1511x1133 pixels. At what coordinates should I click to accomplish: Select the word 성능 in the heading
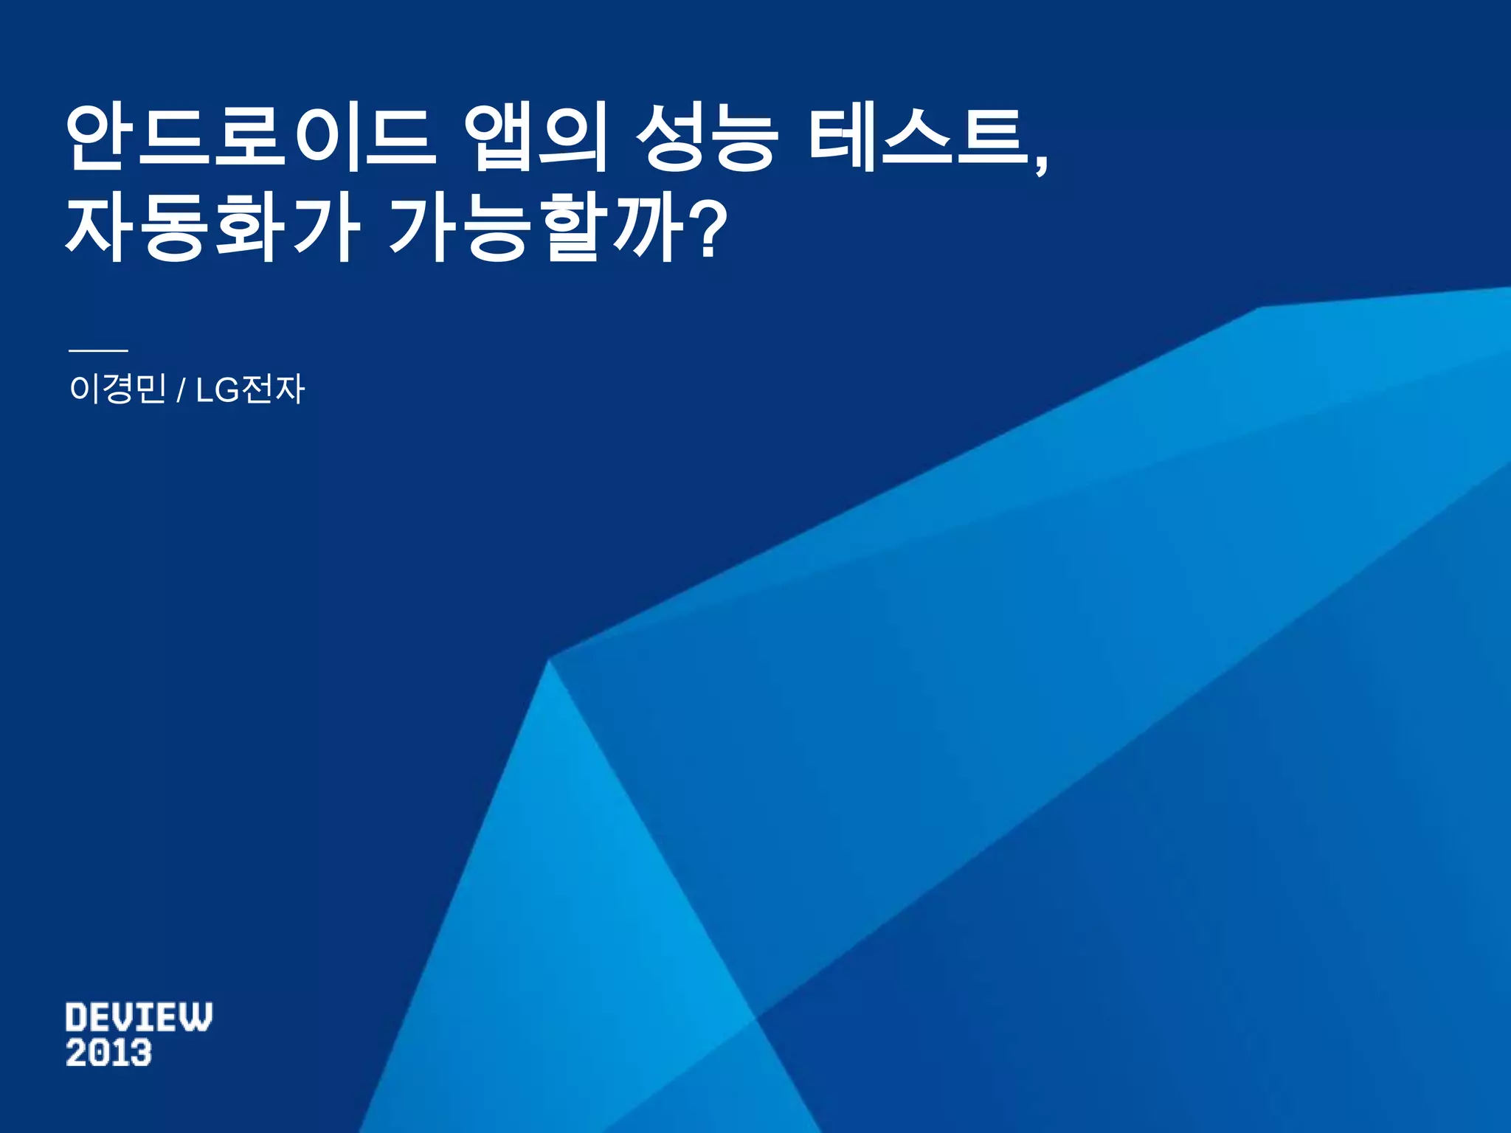point(707,139)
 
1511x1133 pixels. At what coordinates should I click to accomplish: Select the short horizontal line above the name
point(98,351)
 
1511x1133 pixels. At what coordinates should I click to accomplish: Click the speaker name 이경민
point(117,389)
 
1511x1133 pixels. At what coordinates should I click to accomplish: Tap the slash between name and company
point(181,390)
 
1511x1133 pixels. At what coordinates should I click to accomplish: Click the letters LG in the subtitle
point(218,389)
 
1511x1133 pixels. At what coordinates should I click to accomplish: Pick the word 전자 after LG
point(273,389)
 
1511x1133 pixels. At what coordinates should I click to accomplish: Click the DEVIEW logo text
point(139,1017)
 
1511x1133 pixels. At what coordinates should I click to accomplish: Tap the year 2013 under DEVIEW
point(108,1053)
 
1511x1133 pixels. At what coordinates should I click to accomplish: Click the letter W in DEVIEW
point(197,1017)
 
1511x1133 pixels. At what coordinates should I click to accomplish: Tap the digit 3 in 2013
point(140,1053)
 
